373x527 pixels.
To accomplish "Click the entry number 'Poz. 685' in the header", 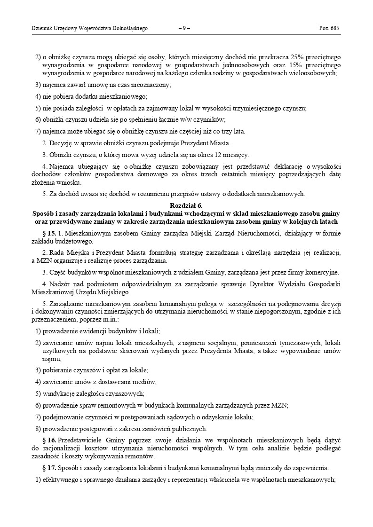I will coord(329,29).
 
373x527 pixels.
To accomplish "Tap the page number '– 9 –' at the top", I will coord(184,29).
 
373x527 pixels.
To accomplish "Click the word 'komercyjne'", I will coord(322,273).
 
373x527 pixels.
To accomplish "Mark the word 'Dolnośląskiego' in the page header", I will coord(129,29).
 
